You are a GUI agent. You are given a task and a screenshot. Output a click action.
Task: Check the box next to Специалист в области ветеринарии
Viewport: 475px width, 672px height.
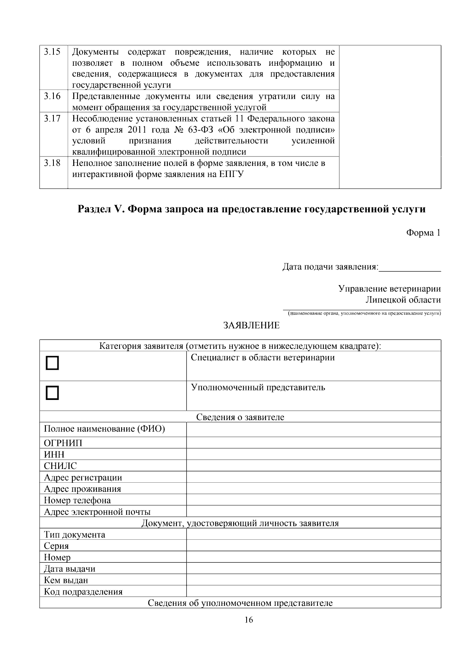52,363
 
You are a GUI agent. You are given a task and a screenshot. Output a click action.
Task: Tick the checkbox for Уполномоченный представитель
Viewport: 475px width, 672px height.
52,393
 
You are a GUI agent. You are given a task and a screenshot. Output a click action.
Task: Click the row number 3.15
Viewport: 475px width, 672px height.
52,52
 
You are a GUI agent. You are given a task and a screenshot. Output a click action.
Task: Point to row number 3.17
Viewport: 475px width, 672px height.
52,118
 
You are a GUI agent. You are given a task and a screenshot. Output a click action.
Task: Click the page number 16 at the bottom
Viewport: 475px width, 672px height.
249,620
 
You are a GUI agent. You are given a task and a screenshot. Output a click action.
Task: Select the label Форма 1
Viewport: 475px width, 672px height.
423,233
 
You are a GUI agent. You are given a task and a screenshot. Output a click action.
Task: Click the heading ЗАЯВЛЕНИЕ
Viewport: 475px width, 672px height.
251,326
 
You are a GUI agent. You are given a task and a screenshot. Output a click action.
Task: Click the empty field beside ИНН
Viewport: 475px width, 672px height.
313,454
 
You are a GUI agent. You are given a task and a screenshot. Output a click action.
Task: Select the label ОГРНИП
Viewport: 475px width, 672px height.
63,443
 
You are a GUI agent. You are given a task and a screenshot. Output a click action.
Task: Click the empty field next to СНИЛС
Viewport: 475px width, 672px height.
313,466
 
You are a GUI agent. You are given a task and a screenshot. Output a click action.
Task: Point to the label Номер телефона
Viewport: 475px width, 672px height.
77,500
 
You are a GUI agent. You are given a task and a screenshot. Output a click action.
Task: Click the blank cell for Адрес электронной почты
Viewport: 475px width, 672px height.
313,512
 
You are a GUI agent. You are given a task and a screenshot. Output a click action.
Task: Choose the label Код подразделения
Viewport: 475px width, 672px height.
83,592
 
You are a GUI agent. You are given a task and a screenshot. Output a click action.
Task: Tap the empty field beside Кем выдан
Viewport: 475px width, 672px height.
313,580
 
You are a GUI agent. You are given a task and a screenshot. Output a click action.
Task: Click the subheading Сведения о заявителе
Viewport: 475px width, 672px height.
240,417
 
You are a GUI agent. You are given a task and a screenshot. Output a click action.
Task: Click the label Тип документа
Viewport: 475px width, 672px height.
74,535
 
